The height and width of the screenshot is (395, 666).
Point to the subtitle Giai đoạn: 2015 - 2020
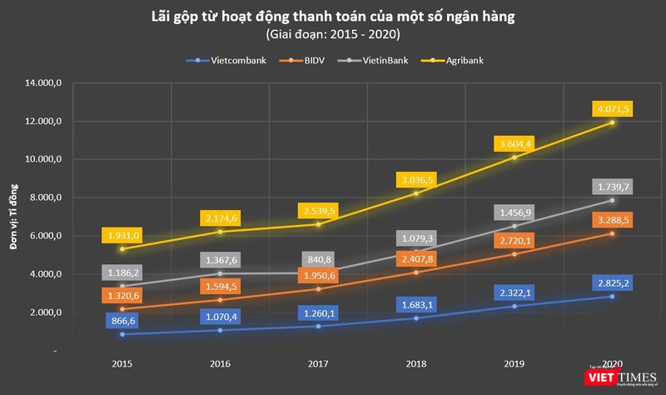click(x=333, y=34)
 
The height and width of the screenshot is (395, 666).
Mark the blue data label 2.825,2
click(x=613, y=282)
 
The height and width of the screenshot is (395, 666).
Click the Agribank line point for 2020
click(x=612, y=122)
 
